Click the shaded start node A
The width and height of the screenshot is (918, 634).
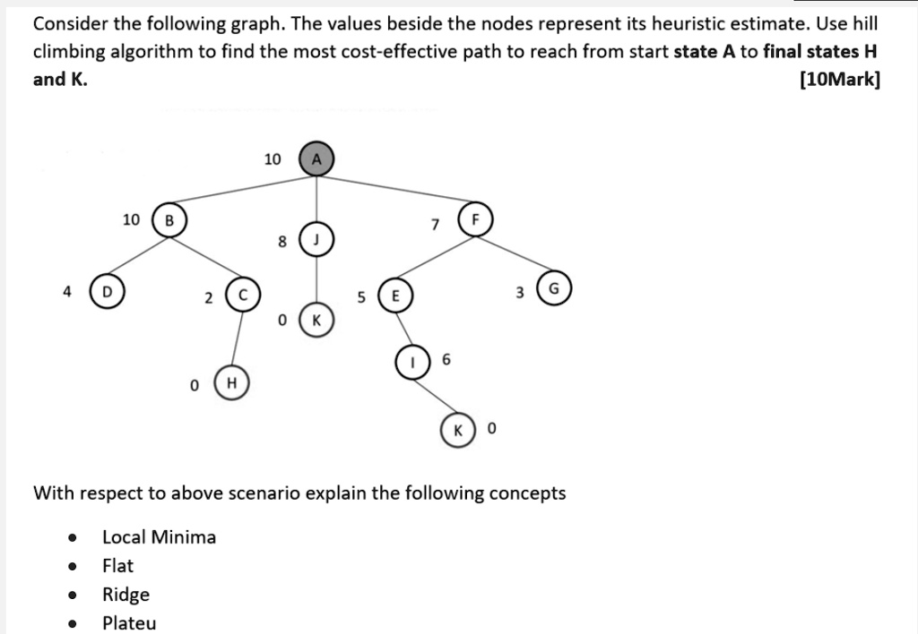[x=315, y=159]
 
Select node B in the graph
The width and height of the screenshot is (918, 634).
[x=169, y=220]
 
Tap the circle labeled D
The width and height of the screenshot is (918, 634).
[x=107, y=292]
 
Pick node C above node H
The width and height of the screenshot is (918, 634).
[x=242, y=296]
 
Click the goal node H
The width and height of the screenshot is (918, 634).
[x=231, y=383]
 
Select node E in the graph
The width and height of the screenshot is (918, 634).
[x=395, y=296]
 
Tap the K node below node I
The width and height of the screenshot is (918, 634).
[x=457, y=430]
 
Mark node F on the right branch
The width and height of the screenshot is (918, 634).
[x=475, y=220]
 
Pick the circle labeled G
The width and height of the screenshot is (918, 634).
[x=553, y=289]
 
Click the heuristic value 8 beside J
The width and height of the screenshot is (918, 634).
[x=281, y=240]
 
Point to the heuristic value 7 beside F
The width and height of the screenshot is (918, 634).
[x=435, y=225]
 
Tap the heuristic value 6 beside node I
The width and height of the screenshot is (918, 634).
[x=446, y=359]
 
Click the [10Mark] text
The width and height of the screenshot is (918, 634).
[x=839, y=80]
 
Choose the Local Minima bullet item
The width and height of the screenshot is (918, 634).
[x=159, y=537]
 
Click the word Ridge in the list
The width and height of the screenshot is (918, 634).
[x=126, y=595]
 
